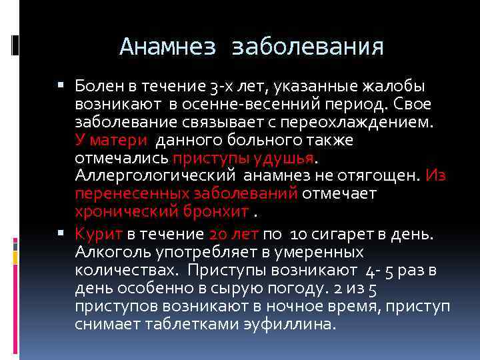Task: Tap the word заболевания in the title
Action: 307,47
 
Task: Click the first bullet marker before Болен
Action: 61,86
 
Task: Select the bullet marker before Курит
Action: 61,234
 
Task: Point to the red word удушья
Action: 283,159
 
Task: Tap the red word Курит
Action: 97,235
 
